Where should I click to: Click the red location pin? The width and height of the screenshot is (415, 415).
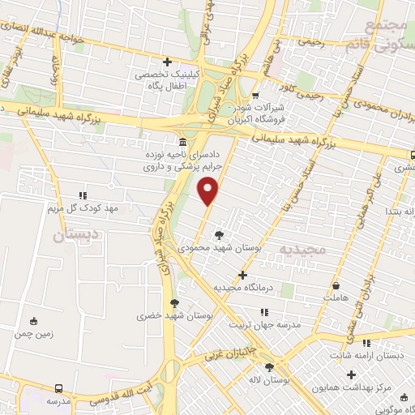pos(209,191)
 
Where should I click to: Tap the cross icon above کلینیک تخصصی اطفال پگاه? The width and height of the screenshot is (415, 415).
pos(168,62)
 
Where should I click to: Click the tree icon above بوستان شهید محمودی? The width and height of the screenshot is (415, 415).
pos(219,235)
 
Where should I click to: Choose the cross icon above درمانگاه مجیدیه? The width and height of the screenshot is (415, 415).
pos(242,276)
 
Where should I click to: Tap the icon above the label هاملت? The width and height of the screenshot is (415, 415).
pos(336,285)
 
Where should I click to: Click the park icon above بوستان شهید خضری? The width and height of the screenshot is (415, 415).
pos(173,303)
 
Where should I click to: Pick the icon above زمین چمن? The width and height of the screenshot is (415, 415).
pos(33,321)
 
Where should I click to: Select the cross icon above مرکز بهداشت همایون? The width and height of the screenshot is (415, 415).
pos(350,374)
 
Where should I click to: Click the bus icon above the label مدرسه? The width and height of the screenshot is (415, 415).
pos(59,389)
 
